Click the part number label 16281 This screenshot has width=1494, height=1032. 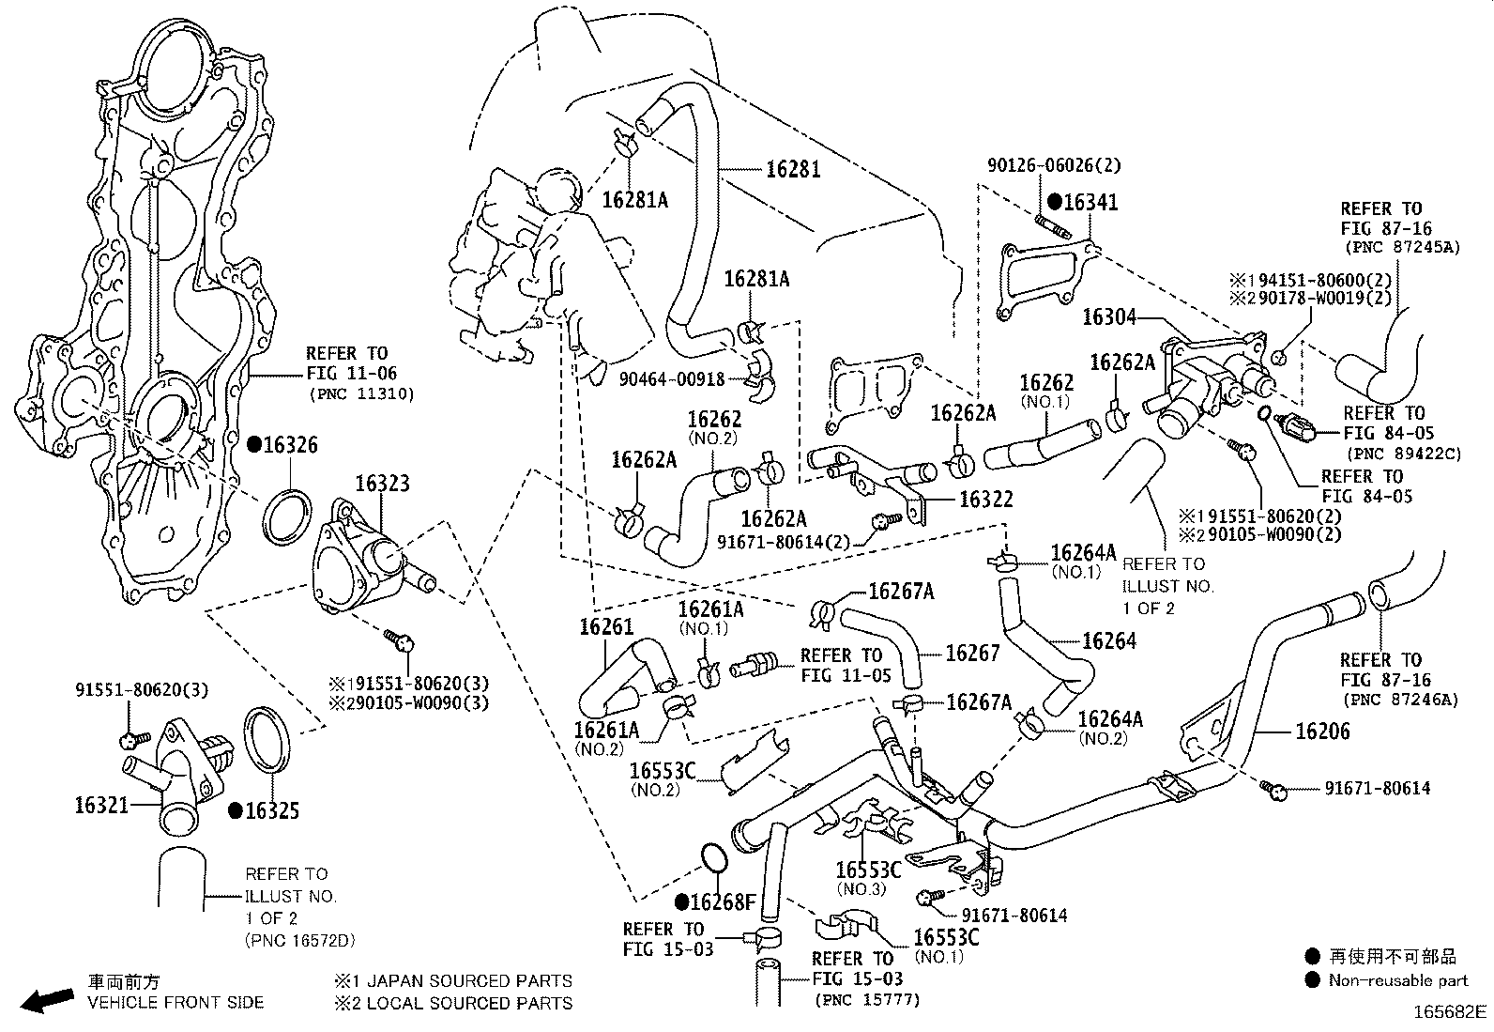[793, 169]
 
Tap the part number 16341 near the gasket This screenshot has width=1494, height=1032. [1091, 202]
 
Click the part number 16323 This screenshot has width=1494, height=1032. [382, 484]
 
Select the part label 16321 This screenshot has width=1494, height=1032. [101, 805]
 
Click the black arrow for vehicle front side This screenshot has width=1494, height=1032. [47, 1001]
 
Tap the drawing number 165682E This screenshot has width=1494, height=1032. [1451, 1012]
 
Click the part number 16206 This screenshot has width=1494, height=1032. [1322, 732]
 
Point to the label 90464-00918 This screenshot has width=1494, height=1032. [672, 379]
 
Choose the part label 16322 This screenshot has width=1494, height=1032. [984, 501]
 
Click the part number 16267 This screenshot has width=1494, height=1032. [972, 653]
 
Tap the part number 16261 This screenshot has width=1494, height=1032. [606, 627]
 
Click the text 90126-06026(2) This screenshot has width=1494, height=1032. [1054, 165]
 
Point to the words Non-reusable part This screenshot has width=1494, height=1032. [1397, 980]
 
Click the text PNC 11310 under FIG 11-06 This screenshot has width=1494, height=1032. [360, 393]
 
